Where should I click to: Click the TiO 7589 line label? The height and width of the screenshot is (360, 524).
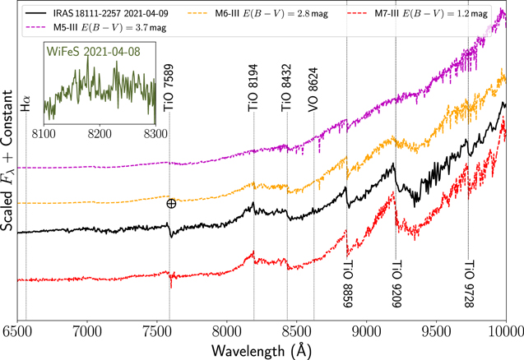[x=169, y=88]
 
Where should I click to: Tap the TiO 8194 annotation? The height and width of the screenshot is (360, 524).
[x=253, y=88]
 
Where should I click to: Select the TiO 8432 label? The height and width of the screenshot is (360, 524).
[x=286, y=88]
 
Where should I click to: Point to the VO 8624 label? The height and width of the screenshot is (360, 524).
[x=313, y=90]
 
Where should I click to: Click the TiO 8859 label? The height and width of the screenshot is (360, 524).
[x=348, y=284]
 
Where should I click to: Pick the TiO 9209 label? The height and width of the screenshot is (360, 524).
[x=396, y=284]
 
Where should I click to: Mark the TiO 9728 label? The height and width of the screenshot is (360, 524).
[x=470, y=284]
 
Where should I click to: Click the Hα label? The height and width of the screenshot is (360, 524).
[x=26, y=104]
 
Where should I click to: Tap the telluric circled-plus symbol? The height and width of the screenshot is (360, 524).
[x=171, y=203]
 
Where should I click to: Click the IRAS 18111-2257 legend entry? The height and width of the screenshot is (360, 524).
[x=96, y=13]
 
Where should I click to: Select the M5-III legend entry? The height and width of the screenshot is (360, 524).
[x=96, y=28]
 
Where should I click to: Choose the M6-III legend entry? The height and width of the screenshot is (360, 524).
[x=258, y=14]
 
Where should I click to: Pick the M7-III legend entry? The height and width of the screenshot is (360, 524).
[x=417, y=14]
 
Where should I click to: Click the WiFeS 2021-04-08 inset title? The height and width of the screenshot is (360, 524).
[x=94, y=52]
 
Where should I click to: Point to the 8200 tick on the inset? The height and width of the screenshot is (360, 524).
[x=100, y=134]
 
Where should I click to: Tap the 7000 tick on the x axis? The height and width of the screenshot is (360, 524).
[x=87, y=332]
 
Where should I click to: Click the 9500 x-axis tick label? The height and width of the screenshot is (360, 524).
[x=437, y=332]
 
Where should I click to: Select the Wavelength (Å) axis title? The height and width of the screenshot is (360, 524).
[x=262, y=350]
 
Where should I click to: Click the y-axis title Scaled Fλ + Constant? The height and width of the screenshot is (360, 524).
[x=7, y=160]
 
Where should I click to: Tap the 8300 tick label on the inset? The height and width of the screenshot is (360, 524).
[x=155, y=134]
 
